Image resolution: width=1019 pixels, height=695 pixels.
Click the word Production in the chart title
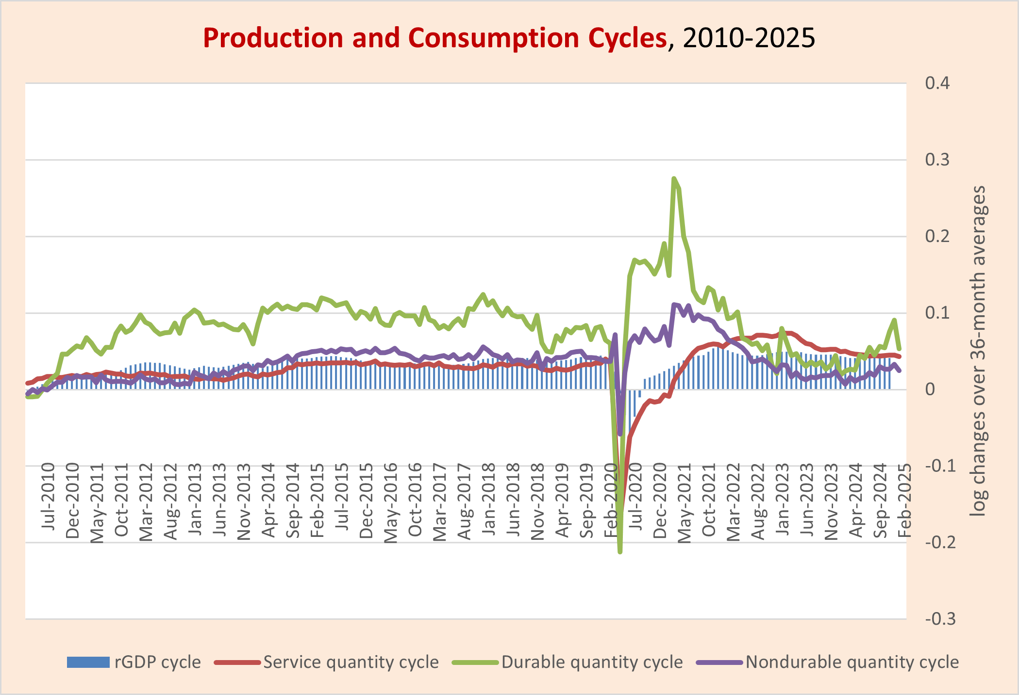pyautogui.click(x=273, y=38)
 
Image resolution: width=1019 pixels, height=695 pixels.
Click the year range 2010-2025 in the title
pyautogui.click(x=749, y=38)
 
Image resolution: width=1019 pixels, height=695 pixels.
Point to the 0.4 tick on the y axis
pyautogui.click(x=937, y=83)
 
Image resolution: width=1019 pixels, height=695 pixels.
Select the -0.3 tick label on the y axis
pyautogui.click(x=940, y=619)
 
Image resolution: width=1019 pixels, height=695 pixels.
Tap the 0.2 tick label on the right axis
pyautogui.click(x=937, y=236)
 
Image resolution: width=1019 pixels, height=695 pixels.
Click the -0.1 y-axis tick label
pyautogui.click(x=940, y=466)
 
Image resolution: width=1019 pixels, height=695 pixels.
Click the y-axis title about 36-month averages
pyautogui.click(x=978, y=351)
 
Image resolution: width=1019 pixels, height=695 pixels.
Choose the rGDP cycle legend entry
pyautogui.click(x=134, y=663)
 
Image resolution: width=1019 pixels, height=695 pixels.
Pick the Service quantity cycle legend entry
pyautogui.click(x=326, y=663)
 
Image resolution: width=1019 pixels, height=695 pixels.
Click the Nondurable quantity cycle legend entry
pyautogui.click(x=827, y=663)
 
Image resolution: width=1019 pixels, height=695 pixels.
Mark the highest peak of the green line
pyautogui.click(x=674, y=178)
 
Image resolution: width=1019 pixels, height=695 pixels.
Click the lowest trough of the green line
pyautogui.click(x=620, y=551)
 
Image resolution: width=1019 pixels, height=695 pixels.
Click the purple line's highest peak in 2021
pyautogui.click(x=674, y=305)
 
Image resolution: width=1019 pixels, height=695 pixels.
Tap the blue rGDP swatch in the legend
pyautogui.click(x=88, y=663)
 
